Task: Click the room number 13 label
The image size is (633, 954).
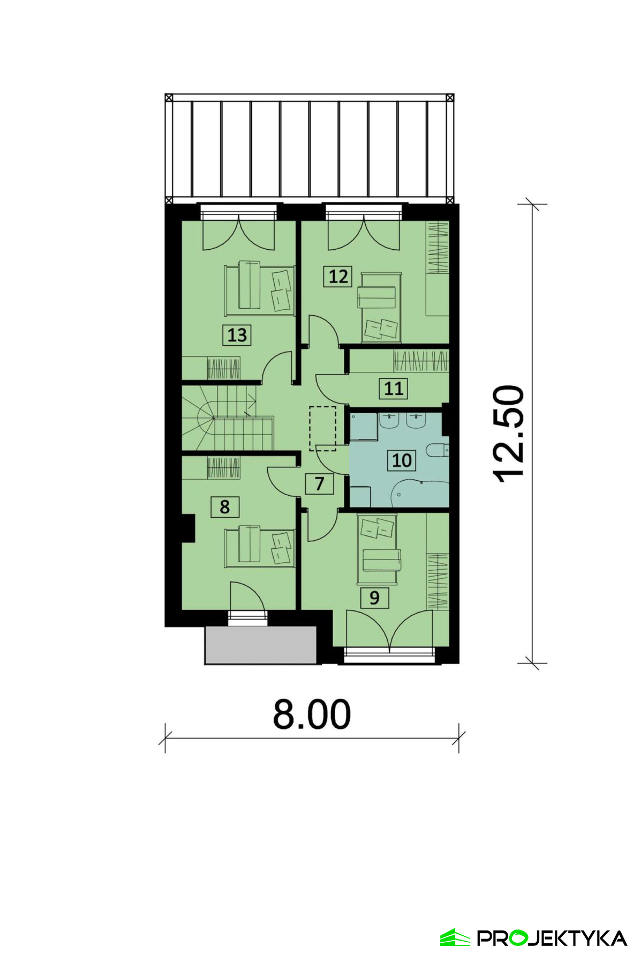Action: click(x=237, y=335)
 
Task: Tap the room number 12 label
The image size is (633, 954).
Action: click(x=338, y=277)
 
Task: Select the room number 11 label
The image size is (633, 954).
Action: click(x=394, y=388)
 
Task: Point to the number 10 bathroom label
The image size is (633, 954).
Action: click(x=402, y=460)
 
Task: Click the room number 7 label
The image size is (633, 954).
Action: click(x=320, y=483)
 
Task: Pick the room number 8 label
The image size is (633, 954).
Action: click(x=224, y=506)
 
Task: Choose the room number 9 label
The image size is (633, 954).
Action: click(x=374, y=597)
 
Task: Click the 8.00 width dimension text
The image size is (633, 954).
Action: click(x=312, y=714)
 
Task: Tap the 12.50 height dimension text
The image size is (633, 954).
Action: click(x=508, y=433)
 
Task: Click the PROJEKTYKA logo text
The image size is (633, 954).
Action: click(x=552, y=938)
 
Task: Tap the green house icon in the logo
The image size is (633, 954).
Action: click(x=455, y=937)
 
